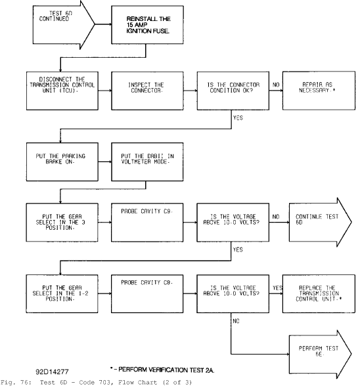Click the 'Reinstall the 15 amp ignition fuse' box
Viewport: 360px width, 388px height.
pos(147,25)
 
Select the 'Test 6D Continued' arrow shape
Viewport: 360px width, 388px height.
pos(64,25)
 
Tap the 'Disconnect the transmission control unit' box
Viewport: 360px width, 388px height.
pos(62,91)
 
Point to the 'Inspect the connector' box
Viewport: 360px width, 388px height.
pos(147,91)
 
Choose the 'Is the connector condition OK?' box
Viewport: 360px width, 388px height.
pos(233,91)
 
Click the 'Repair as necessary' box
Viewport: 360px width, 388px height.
pos(319,91)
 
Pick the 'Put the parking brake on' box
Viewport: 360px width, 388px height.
pos(62,162)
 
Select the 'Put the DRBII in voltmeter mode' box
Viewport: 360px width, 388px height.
pos(147,162)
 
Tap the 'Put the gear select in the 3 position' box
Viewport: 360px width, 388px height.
pos(62,223)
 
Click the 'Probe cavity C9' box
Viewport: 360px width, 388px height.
pos(147,223)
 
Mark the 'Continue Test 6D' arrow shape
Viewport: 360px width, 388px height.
pos(321,222)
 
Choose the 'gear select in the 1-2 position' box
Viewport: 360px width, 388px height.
pos(62,293)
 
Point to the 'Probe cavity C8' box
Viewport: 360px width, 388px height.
pos(147,293)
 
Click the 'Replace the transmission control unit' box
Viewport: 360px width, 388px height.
pos(319,293)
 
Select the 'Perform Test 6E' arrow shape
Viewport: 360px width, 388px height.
pos(321,355)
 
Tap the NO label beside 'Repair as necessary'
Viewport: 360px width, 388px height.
pos(276,85)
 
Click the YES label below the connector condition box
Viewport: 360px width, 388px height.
pos(238,118)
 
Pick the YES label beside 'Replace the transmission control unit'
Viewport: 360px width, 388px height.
pos(277,288)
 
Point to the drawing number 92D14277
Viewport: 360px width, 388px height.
pos(53,372)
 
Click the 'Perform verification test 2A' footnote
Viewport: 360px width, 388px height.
pos(162,370)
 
